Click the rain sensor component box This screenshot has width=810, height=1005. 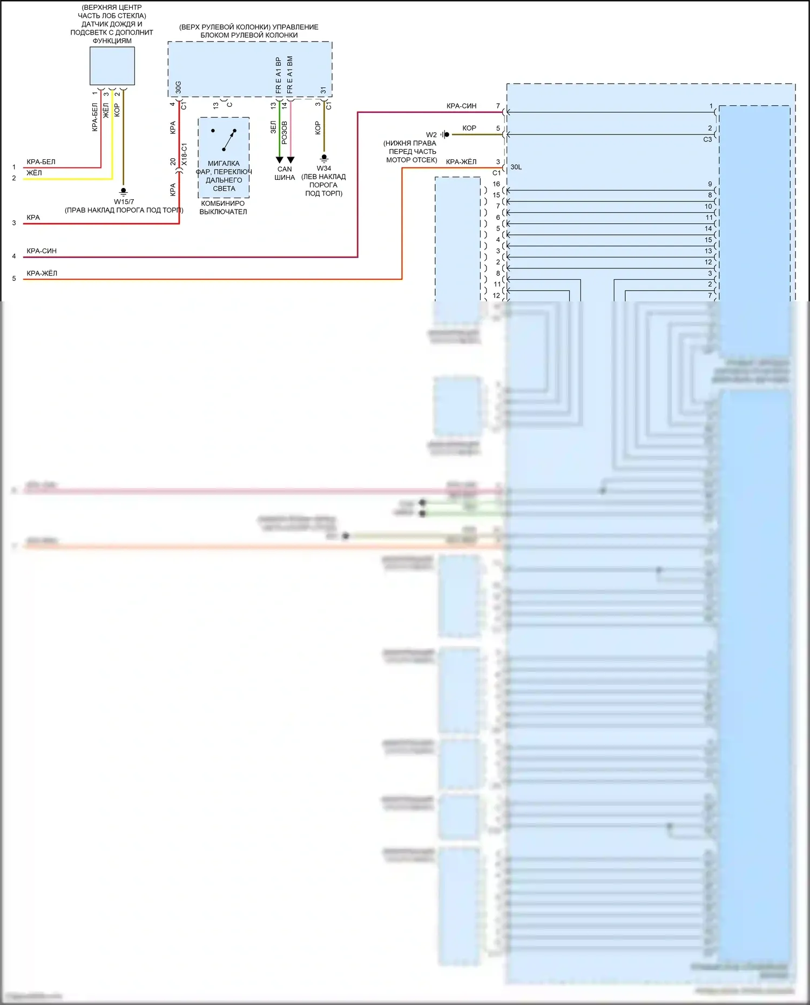[112, 66]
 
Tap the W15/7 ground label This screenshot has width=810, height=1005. [124, 201]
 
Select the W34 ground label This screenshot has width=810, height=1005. [323, 168]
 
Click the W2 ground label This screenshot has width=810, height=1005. [431, 135]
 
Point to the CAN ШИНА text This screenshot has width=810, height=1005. [284, 173]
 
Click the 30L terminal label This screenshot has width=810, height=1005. [516, 167]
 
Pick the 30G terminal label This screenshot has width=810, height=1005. [178, 87]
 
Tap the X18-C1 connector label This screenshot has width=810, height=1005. [184, 154]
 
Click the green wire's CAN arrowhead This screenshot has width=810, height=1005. [279, 160]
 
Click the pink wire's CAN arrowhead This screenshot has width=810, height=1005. [291, 160]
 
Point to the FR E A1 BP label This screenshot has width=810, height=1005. [279, 75]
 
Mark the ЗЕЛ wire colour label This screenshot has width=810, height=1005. [273, 127]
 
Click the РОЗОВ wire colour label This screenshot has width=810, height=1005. [285, 132]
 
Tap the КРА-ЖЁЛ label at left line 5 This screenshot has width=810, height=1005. [42, 273]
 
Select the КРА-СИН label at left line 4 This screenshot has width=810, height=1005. [42, 251]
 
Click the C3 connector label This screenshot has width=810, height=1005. [707, 139]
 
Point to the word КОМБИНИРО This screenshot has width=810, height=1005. [222, 204]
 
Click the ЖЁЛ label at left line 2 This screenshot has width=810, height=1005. [34, 173]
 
